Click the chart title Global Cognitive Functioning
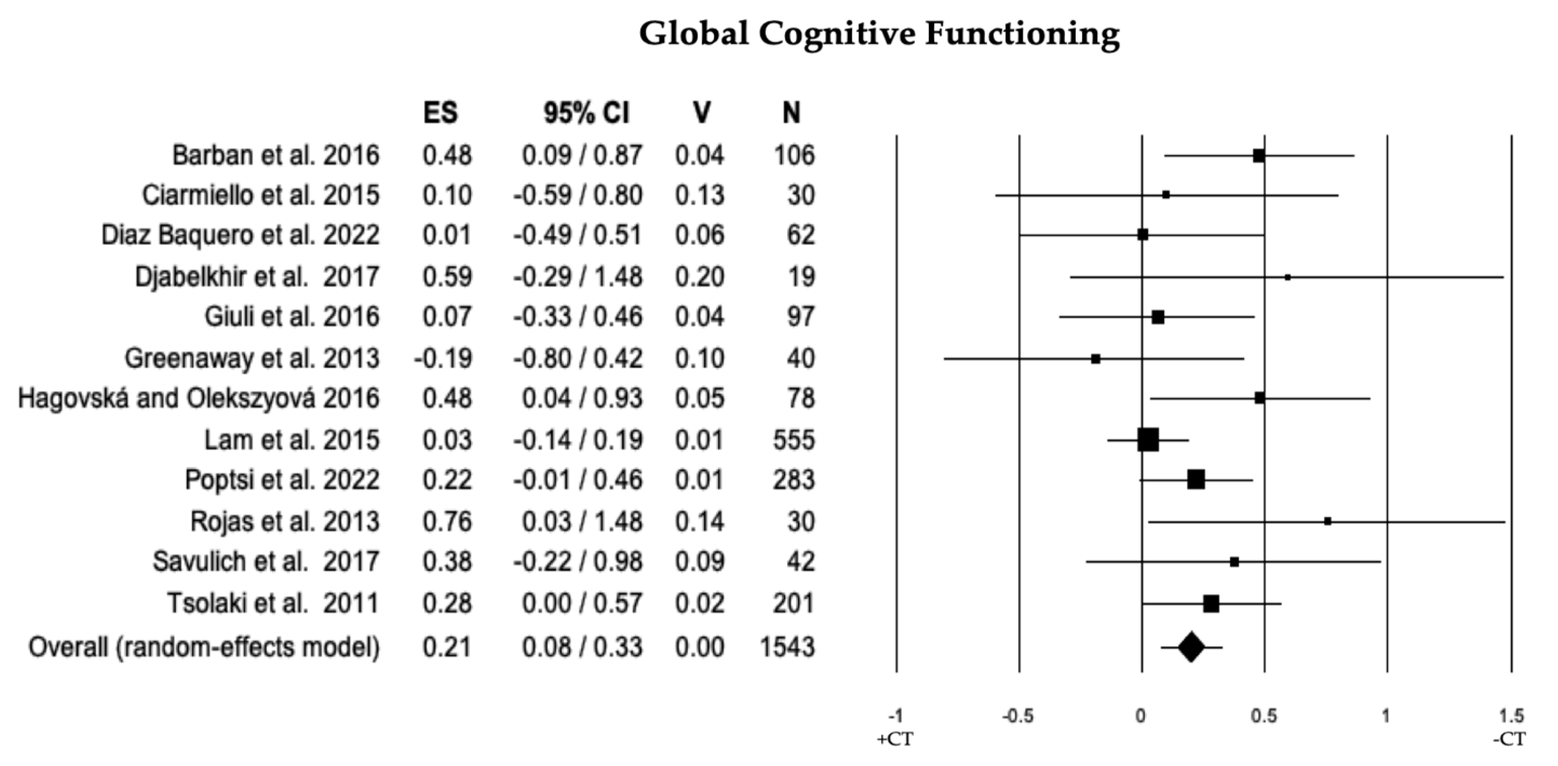(879, 33)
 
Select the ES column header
(440, 112)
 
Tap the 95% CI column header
(586, 112)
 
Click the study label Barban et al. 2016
(276, 155)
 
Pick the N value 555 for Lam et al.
(793, 439)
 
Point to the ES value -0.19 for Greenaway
(443, 358)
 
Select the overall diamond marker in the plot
(1191, 647)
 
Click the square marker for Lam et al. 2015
(1148, 439)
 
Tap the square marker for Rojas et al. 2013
(1327, 521)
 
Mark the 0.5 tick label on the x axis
(1264, 716)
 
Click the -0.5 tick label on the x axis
(1018, 716)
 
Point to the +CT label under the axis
(895, 739)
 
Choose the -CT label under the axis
(1509, 739)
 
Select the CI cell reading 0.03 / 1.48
(582, 521)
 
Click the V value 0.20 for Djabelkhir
(700, 277)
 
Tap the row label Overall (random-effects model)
(205, 647)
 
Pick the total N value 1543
(787, 647)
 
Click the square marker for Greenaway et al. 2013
(1095, 358)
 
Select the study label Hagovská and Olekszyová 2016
(198, 398)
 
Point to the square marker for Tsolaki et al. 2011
(1211, 604)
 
